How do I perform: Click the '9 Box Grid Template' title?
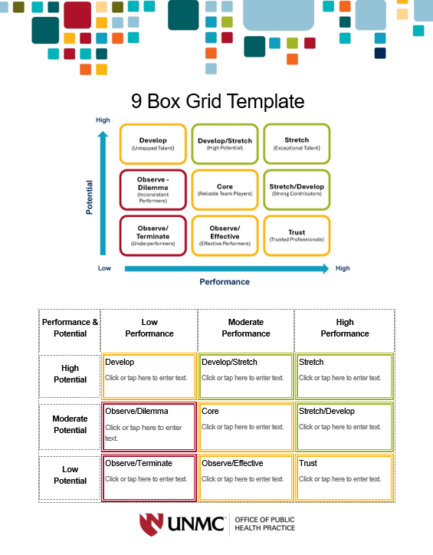(x=218, y=101)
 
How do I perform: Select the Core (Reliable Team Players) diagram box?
(x=225, y=189)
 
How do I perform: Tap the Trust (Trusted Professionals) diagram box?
(x=297, y=236)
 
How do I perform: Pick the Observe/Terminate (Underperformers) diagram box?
(x=153, y=236)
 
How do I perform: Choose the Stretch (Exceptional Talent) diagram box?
(x=297, y=143)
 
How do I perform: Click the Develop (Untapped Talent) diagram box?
(x=153, y=143)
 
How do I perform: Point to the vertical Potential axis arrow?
(x=103, y=193)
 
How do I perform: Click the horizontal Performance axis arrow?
(x=227, y=268)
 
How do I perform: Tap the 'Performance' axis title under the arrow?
(x=225, y=282)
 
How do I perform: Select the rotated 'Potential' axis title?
(x=89, y=197)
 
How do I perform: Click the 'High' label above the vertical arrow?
(x=103, y=120)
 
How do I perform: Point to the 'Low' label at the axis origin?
(x=104, y=268)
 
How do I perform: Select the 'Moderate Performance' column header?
(x=246, y=328)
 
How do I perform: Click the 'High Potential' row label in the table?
(x=70, y=374)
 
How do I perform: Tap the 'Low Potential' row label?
(x=70, y=475)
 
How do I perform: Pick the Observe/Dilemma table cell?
(x=149, y=426)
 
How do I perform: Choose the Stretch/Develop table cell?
(x=344, y=426)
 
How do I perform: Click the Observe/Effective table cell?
(x=246, y=478)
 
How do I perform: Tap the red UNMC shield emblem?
(x=152, y=524)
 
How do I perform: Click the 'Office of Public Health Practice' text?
(x=264, y=524)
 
